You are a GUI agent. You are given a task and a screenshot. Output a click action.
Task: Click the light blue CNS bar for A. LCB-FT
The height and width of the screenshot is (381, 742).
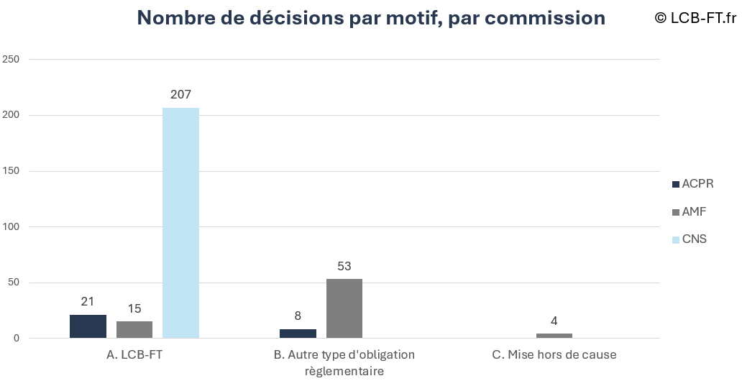coord(180,223)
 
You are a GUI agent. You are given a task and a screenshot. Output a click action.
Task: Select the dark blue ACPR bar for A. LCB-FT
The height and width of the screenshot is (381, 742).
coord(88,326)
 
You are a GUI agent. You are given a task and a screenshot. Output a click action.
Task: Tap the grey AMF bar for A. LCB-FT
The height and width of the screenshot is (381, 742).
coord(134,330)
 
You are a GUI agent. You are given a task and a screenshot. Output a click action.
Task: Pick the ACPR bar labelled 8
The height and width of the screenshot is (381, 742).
coord(298,334)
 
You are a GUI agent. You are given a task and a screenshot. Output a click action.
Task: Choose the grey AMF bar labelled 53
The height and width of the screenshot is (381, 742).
coord(344,308)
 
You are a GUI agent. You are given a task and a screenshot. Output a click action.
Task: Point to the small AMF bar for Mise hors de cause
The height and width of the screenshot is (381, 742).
coord(554,336)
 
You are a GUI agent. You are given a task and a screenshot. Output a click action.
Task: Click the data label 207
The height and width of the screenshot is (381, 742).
coord(180,94)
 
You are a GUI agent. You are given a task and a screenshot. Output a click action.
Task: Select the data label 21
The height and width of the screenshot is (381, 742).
coord(88,301)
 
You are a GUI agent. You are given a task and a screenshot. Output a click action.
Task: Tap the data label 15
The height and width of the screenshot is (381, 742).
coord(134,308)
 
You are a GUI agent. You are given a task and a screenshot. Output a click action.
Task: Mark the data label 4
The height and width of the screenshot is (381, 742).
coord(554,321)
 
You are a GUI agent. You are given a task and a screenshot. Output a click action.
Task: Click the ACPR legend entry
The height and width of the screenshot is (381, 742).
coord(692,184)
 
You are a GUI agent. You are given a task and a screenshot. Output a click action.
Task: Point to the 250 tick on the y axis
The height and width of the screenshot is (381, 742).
coord(11,59)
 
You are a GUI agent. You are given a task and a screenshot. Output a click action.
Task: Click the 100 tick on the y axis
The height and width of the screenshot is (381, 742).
coord(11,226)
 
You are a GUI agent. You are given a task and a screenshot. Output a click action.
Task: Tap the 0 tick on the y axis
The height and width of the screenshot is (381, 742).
coord(15,339)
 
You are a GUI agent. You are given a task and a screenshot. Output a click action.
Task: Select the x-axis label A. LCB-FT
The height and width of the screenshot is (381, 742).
coord(134,354)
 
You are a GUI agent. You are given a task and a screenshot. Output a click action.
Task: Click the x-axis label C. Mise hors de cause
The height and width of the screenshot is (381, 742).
coord(554,354)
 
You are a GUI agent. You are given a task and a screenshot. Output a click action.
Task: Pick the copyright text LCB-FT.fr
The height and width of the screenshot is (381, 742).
coord(696,17)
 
